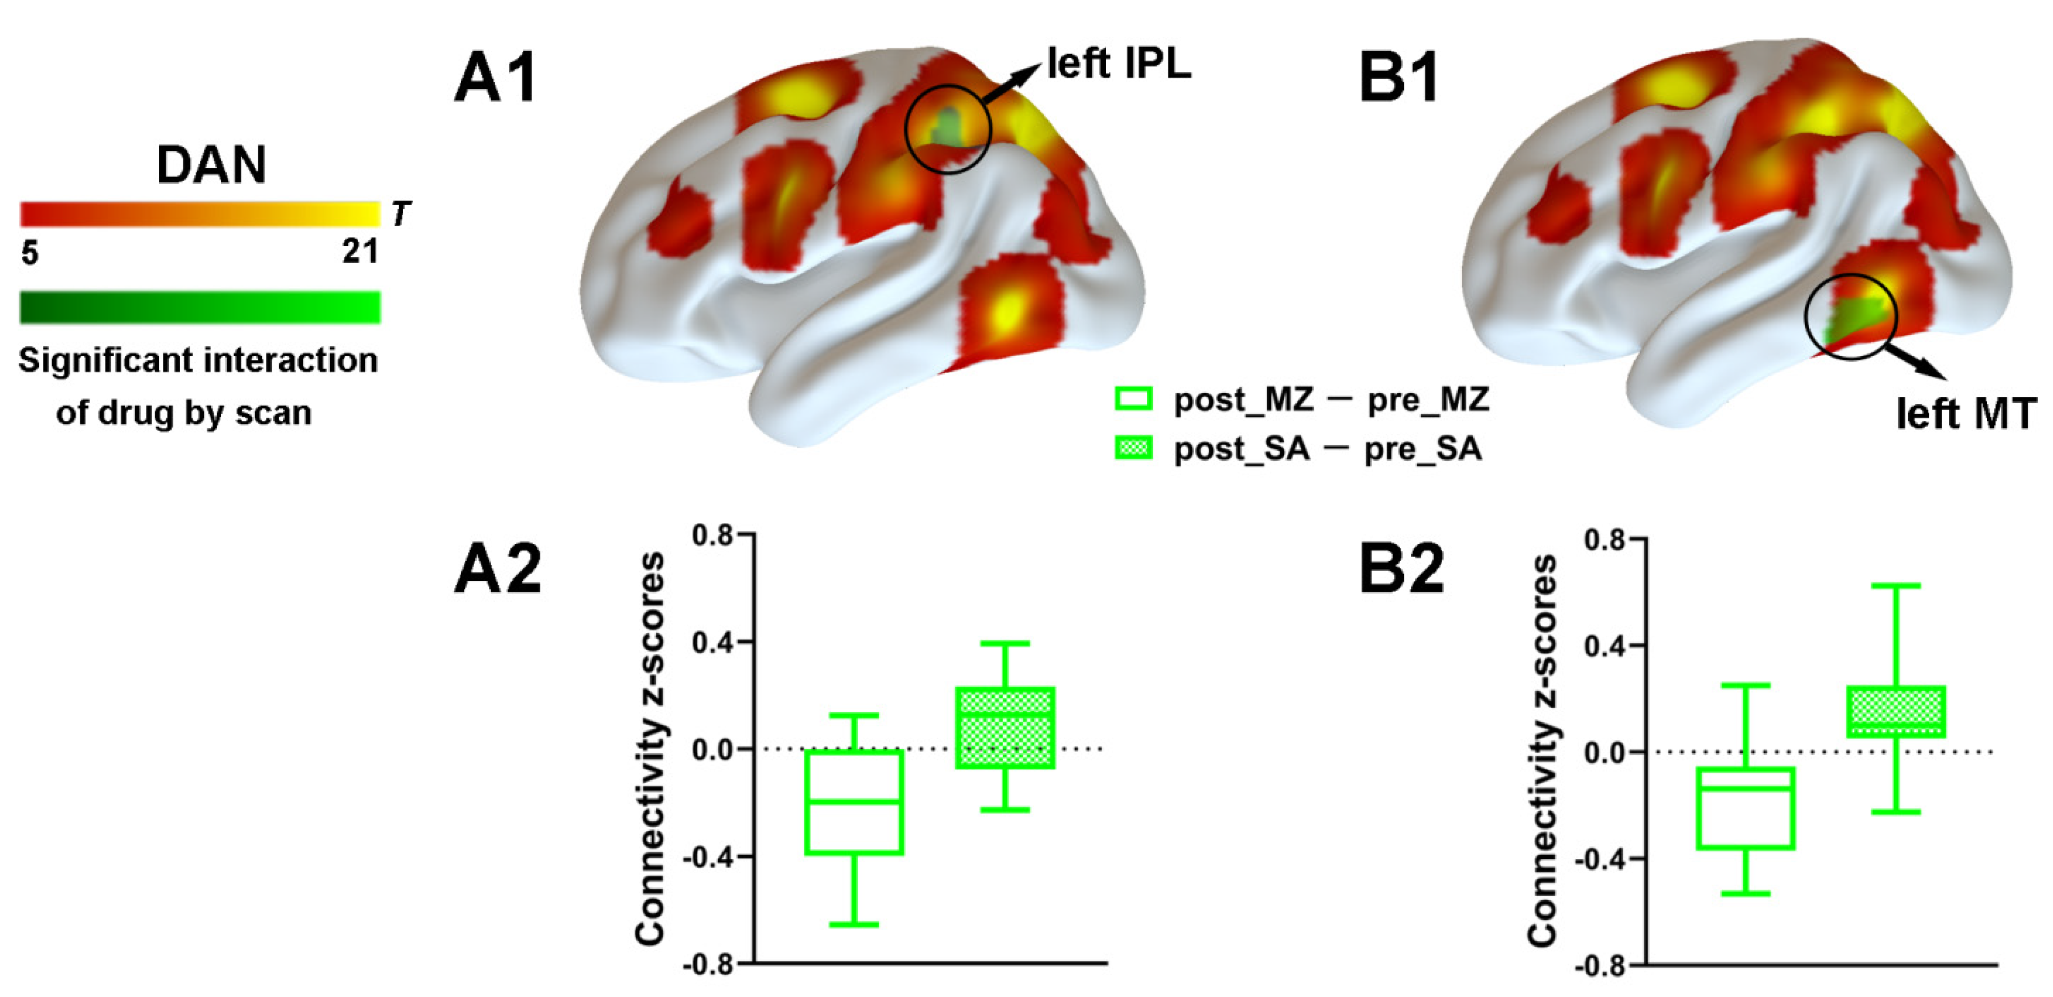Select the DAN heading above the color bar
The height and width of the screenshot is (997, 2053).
click(211, 165)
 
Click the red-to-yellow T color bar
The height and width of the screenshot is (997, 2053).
click(200, 214)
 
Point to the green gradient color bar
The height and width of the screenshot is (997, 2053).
click(200, 307)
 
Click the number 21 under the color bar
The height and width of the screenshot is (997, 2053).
click(360, 253)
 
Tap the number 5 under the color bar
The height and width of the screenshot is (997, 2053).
click(30, 254)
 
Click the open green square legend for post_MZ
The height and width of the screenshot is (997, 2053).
click(1133, 399)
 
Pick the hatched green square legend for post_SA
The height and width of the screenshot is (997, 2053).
click(1133, 449)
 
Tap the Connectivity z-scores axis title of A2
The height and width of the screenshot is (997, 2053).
click(650, 749)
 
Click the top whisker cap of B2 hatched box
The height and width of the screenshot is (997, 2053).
click(1896, 586)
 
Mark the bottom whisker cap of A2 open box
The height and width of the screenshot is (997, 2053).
click(854, 925)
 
